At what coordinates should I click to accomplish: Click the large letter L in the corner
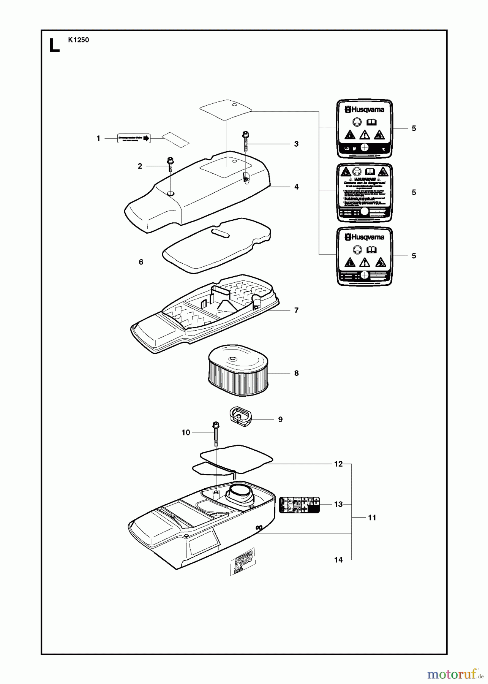click(x=54, y=45)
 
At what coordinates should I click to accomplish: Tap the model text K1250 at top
click(x=79, y=40)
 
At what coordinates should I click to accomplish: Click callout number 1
click(x=98, y=139)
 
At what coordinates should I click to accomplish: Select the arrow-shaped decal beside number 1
click(x=133, y=139)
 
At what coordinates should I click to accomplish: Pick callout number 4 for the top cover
click(x=297, y=187)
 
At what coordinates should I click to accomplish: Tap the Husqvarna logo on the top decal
click(x=365, y=109)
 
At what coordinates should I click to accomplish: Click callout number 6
click(x=141, y=262)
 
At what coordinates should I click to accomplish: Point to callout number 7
click(x=296, y=310)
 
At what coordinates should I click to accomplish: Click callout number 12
click(x=338, y=464)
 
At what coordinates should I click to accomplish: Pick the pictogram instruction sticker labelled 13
click(x=299, y=505)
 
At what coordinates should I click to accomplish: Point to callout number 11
click(x=372, y=518)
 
